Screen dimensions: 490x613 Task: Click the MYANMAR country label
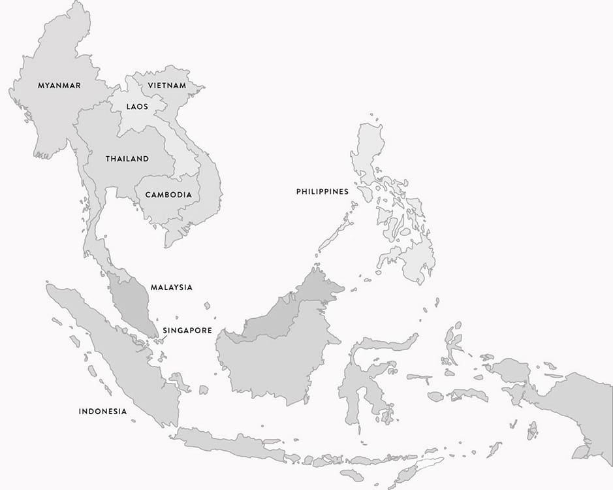pos(59,86)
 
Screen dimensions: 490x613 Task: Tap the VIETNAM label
pos(166,86)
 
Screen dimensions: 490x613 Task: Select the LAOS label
pos(137,106)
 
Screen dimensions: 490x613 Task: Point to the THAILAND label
pos(127,159)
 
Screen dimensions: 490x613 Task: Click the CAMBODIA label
pos(168,195)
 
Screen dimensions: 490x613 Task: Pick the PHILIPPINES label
pos(322,191)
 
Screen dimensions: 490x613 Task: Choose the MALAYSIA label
pos(172,287)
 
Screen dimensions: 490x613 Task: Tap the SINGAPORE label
pos(187,331)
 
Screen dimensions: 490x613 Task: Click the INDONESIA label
pos(102,411)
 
